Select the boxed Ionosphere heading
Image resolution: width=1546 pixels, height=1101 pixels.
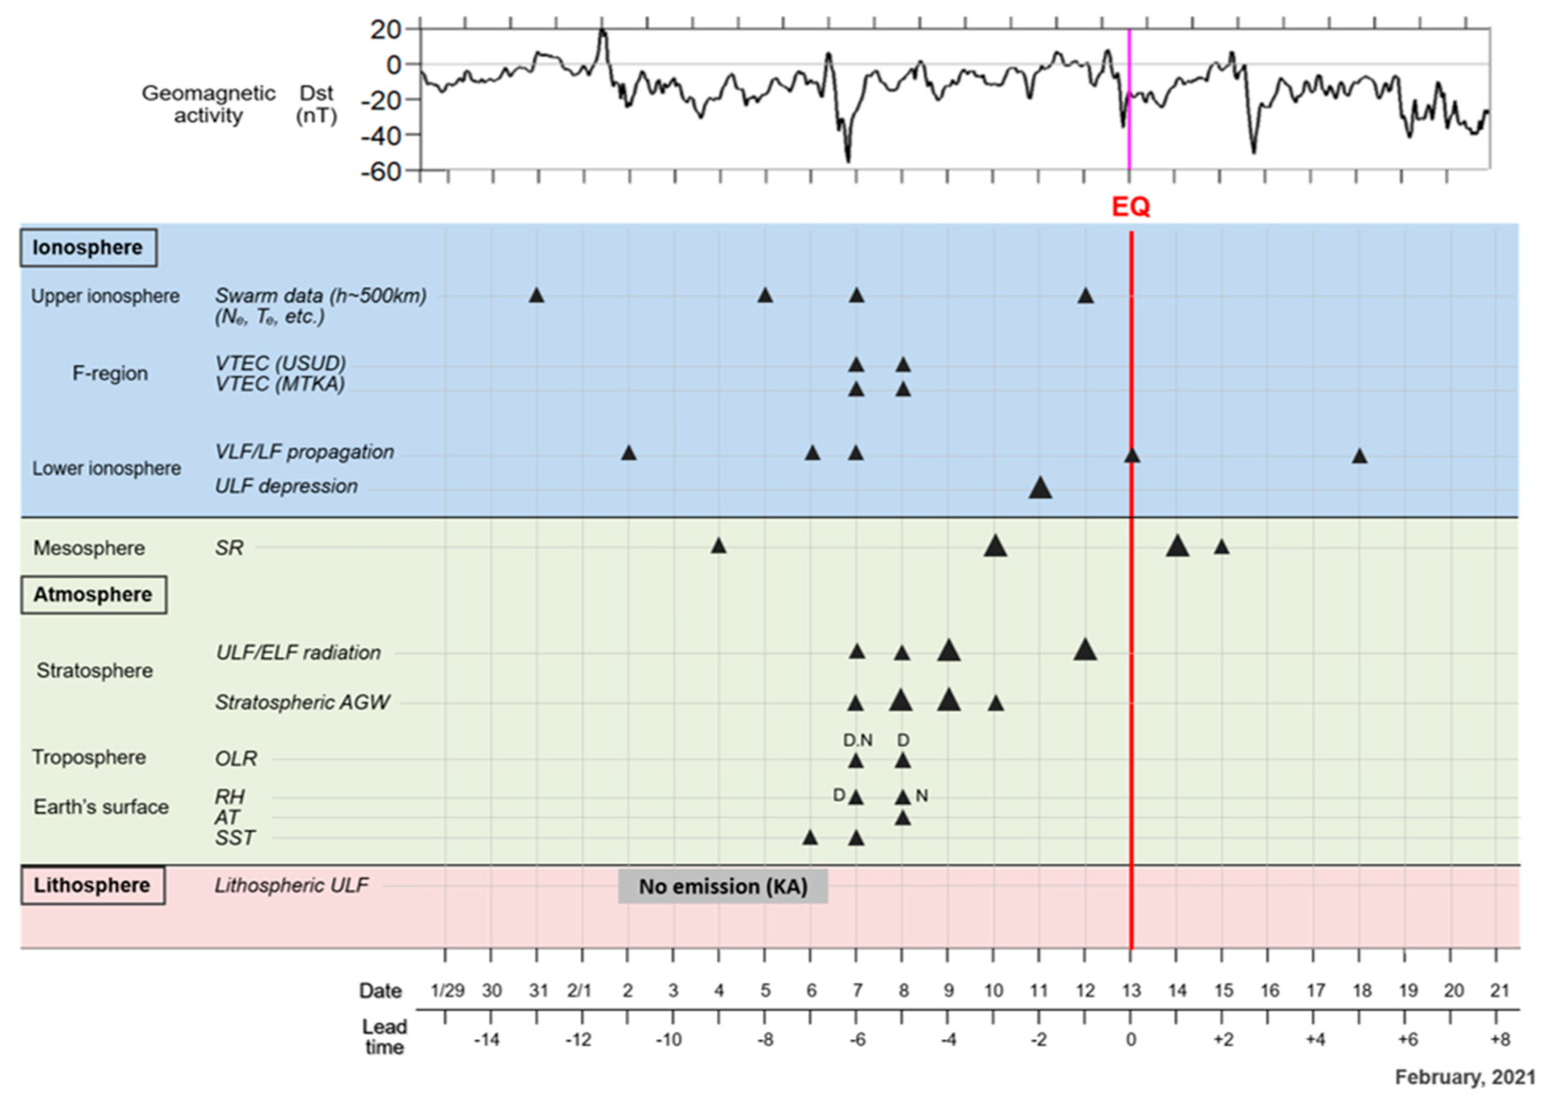[x=88, y=247]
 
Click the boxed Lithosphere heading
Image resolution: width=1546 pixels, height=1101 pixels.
[x=93, y=885]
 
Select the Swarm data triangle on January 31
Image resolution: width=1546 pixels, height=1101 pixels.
[x=536, y=296]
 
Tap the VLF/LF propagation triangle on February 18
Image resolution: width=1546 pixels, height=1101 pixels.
[x=1359, y=456]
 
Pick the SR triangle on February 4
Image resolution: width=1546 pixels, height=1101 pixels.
[x=718, y=546]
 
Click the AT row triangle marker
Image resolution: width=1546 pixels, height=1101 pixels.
[x=902, y=818]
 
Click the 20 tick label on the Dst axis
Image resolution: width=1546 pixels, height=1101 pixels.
[x=386, y=29]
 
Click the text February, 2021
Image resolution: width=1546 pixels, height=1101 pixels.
[x=1464, y=1077]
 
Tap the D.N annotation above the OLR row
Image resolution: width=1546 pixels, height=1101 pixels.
[x=858, y=740]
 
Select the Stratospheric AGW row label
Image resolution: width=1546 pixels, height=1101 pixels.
[x=302, y=702]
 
